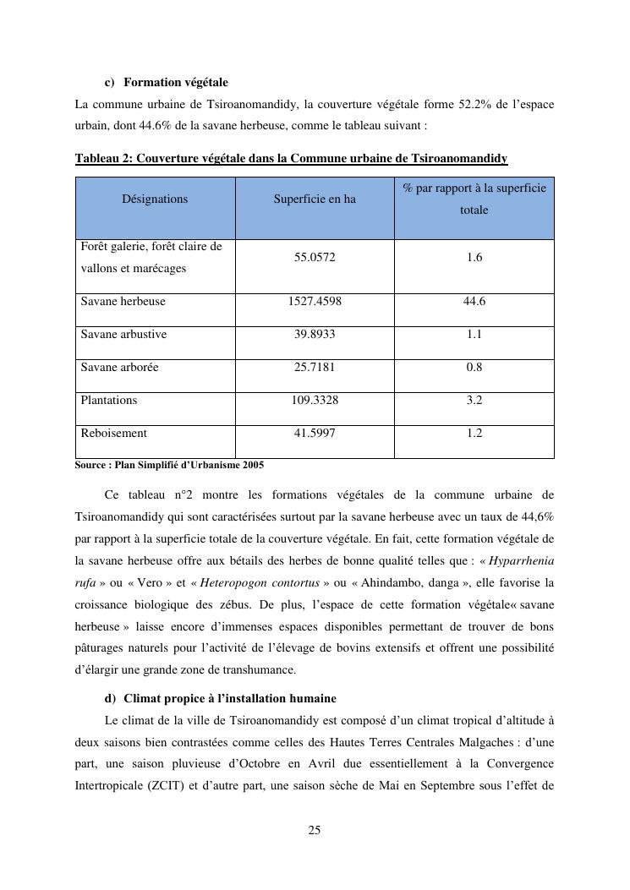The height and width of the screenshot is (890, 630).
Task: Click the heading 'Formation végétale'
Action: [x=175, y=83]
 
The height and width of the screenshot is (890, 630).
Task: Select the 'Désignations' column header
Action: [x=155, y=199]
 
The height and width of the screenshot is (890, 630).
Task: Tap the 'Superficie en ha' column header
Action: [x=315, y=199]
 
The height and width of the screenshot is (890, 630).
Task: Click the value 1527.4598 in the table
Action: [x=315, y=302]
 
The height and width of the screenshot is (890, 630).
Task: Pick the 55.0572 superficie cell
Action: [x=315, y=257]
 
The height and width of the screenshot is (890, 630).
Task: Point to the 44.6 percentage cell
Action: [x=474, y=302]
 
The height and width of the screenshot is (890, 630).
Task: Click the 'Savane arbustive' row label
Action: [x=123, y=335]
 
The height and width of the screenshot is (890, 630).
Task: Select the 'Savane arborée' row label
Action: [x=119, y=368]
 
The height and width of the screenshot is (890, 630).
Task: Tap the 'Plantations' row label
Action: [x=108, y=401]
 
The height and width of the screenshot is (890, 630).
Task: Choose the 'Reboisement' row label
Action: [x=113, y=434]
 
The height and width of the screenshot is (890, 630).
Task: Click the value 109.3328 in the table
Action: [x=315, y=401]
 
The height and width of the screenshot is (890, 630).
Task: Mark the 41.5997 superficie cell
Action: [x=315, y=434]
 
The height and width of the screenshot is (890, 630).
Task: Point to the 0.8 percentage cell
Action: [x=474, y=368]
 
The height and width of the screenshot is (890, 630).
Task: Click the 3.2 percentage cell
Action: [x=474, y=401]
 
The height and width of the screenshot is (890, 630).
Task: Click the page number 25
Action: [x=315, y=830]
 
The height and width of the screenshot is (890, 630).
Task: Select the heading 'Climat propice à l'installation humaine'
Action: [x=229, y=699]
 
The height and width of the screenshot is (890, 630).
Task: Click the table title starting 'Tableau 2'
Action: [x=291, y=159]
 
